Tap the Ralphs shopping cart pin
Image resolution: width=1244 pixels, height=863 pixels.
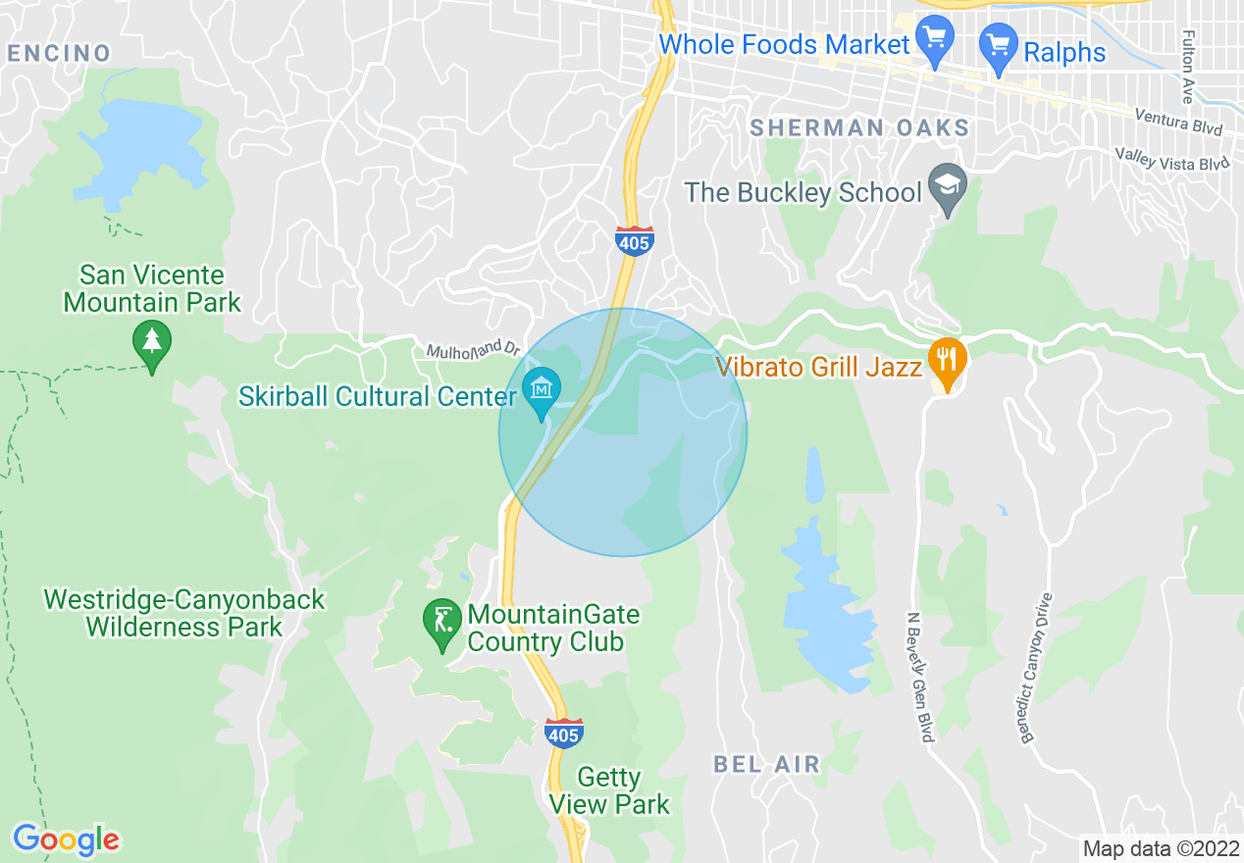999,48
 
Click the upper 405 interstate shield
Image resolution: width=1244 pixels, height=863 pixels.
635,240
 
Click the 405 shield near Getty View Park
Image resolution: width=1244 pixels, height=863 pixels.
563,733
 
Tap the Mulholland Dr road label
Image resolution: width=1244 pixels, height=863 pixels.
473,349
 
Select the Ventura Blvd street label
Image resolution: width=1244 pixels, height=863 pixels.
1178,121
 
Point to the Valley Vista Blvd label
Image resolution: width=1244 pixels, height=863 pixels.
1171,159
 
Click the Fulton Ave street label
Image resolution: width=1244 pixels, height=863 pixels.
1187,67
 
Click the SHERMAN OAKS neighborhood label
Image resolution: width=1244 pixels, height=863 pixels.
859,127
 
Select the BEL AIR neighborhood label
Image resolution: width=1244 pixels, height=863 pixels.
766,764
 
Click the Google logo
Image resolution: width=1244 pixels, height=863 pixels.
66,839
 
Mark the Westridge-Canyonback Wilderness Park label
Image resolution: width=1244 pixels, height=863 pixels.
183,613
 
